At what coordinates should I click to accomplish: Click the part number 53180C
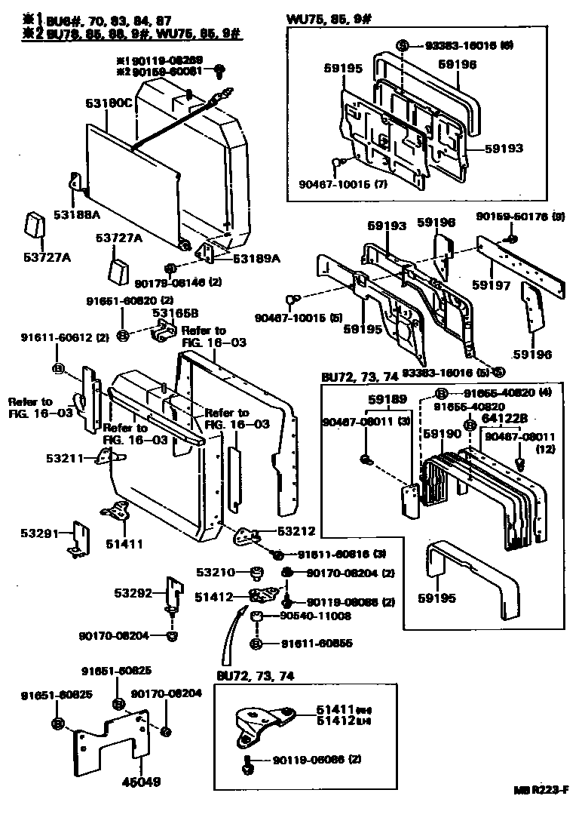(109, 103)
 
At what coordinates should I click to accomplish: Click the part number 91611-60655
(317, 644)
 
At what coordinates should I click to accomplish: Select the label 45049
(142, 782)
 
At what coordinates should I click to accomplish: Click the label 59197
(491, 286)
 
